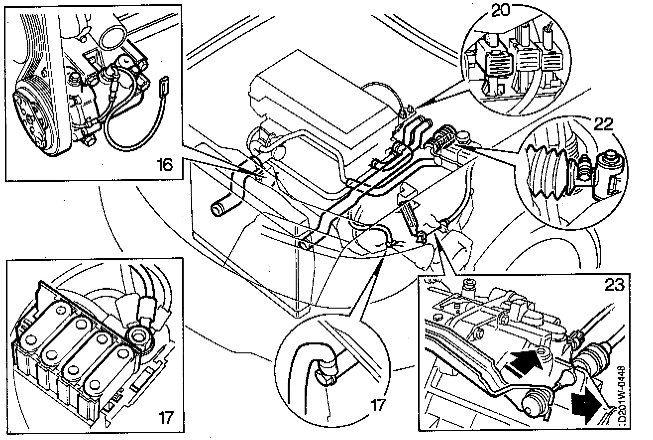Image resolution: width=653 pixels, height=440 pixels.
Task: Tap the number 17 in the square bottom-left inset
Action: pyautogui.click(x=167, y=417)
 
